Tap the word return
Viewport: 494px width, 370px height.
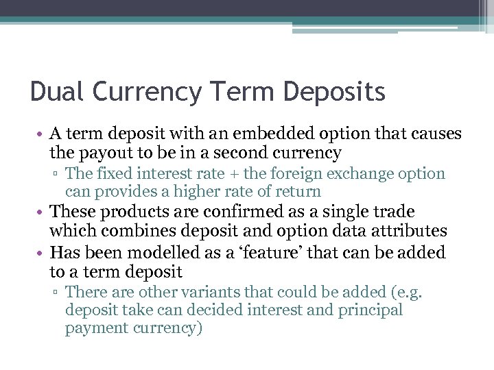click(300, 192)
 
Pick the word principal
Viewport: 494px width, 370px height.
click(370, 310)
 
